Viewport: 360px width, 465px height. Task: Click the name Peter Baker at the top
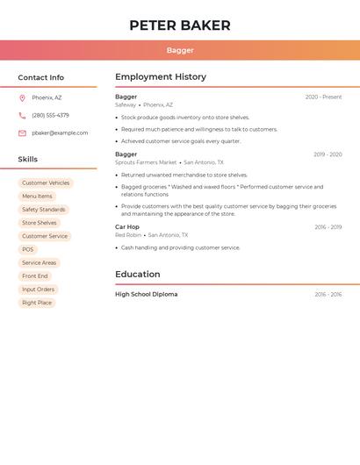(180, 25)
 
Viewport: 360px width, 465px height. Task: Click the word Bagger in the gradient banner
(180, 51)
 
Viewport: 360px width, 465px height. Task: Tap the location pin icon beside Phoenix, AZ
(22, 97)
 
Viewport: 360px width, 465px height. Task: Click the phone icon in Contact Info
(22, 115)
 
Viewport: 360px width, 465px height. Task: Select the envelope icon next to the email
(22, 133)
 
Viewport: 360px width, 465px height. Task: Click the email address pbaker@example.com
(60, 133)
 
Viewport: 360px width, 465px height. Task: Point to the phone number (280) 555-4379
(50, 115)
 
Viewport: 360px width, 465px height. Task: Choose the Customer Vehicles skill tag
(46, 183)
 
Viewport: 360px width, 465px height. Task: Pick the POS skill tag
(28, 249)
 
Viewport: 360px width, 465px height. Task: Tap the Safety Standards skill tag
(44, 210)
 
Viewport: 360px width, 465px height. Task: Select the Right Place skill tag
(37, 303)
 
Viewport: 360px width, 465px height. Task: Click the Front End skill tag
(35, 276)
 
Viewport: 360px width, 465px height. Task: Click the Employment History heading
(161, 77)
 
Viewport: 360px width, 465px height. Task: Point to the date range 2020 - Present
(323, 97)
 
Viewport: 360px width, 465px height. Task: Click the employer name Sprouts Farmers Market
(146, 162)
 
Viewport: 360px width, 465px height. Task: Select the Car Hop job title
(127, 226)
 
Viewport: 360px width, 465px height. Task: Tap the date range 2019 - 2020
(328, 154)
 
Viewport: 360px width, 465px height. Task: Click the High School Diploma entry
(147, 295)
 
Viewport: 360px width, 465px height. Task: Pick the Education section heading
(138, 274)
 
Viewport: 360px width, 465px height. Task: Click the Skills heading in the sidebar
(28, 159)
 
